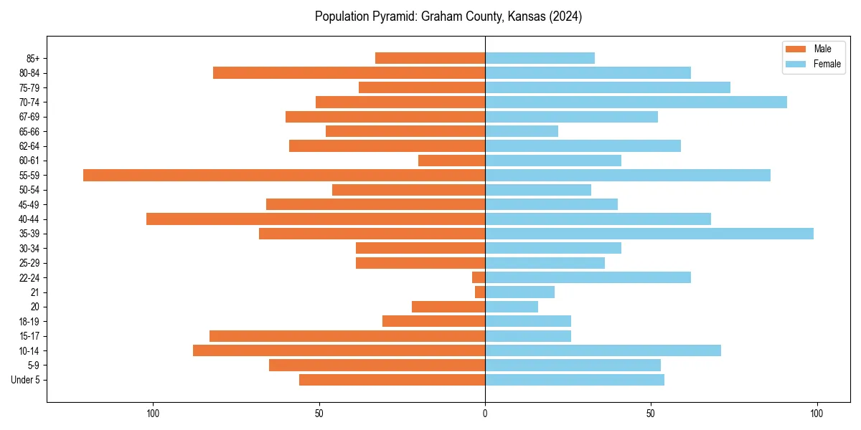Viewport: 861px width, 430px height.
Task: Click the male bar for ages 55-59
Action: click(x=284, y=176)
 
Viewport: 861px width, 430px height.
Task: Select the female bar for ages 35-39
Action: click(x=649, y=234)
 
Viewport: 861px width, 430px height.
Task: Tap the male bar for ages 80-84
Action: click(x=349, y=73)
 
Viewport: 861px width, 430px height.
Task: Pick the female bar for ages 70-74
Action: click(x=636, y=102)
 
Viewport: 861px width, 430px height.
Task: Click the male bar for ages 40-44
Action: click(x=316, y=219)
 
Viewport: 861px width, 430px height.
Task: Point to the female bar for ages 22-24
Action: click(x=588, y=277)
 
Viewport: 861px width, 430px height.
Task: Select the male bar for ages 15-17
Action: click(x=347, y=336)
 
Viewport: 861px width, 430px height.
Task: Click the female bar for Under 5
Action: click(x=575, y=380)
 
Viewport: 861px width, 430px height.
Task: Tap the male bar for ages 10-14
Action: click(x=339, y=350)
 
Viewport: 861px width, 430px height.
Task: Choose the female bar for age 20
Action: click(x=512, y=307)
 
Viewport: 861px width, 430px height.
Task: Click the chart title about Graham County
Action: click(x=448, y=16)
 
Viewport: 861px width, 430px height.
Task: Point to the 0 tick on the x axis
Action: click(x=485, y=414)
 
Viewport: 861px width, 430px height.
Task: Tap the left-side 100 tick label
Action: click(x=152, y=414)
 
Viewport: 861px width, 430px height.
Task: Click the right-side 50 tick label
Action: click(x=651, y=414)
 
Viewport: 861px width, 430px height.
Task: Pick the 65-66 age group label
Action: click(x=29, y=132)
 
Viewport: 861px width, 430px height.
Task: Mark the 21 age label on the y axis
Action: click(x=34, y=292)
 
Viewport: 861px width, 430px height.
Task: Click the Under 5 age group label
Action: click(x=25, y=380)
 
